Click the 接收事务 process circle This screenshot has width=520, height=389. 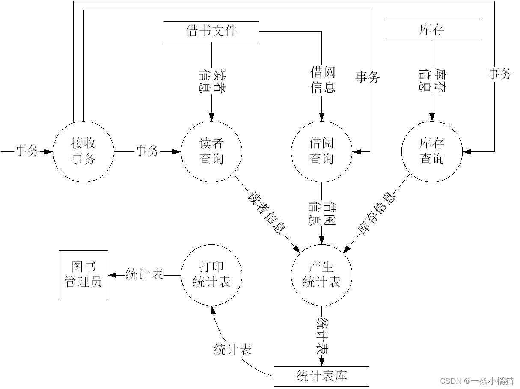point(84,151)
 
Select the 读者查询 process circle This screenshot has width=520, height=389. point(211,151)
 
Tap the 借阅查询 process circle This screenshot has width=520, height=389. point(321,151)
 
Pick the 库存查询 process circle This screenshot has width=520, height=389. point(431,151)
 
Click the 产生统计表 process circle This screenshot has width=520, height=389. point(321,275)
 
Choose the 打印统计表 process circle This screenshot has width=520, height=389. point(211,275)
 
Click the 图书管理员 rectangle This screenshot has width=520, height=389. point(83,275)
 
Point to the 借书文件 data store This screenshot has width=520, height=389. point(211,31)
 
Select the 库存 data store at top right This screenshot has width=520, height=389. point(431,30)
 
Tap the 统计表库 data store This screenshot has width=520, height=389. point(321,376)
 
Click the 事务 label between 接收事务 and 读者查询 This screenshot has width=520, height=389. point(147,151)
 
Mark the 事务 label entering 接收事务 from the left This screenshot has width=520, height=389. point(27,151)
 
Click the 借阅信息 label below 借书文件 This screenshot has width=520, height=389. point(322,80)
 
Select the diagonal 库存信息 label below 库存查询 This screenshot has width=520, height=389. point(376,214)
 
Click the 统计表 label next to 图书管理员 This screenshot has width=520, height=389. point(145,275)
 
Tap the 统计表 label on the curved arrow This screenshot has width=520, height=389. point(232,350)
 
